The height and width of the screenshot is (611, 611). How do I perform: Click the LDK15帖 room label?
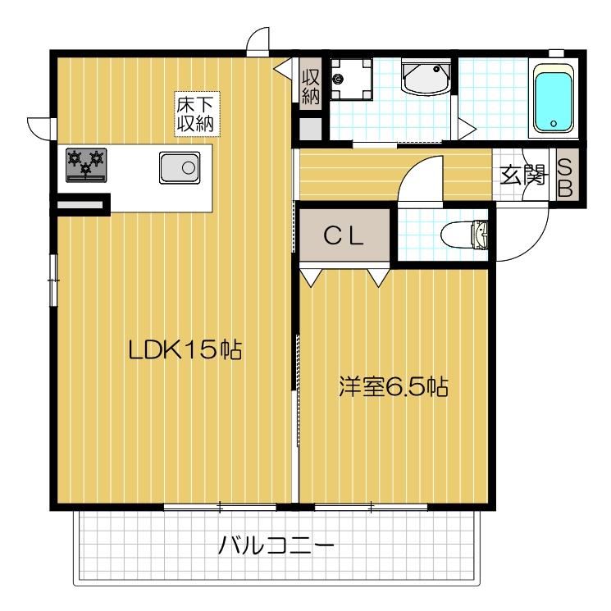point(184,350)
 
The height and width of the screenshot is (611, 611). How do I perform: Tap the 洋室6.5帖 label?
point(394,385)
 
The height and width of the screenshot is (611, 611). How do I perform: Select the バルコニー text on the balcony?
point(275,545)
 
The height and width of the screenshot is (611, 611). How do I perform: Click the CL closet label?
point(343,235)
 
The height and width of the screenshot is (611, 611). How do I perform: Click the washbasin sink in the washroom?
point(425,80)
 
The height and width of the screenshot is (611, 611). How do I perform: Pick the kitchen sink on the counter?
point(179,169)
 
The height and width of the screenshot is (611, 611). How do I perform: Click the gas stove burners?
point(86,162)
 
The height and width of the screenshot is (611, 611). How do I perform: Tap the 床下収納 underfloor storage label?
point(195,114)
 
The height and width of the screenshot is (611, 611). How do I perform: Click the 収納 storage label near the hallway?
point(310,84)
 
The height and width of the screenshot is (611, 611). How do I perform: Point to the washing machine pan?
point(352,80)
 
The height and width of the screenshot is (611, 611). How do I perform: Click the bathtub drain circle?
point(554,125)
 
